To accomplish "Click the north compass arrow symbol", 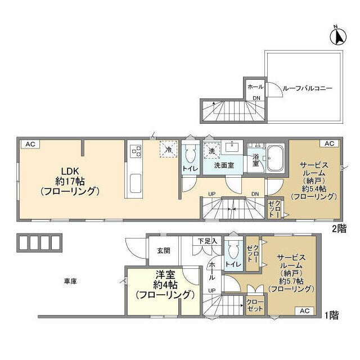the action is click(x=338, y=36).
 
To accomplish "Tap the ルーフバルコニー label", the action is click(x=307, y=88).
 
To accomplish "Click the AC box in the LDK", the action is click(x=30, y=144).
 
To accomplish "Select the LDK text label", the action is click(x=70, y=171).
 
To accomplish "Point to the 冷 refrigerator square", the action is click(x=169, y=149).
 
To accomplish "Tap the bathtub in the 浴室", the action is click(x=275, y=159).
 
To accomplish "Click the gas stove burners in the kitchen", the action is click(x=135, y=151).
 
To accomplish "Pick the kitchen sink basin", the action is click(x=136, y=184).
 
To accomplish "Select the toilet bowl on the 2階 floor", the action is click(x=190, y=154).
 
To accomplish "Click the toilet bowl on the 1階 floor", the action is click(x=233, y=250).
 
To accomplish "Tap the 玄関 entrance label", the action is click(x=164, y=251).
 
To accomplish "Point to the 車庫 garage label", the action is click(x=70, y=281).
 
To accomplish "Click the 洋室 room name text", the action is click(x=165, y=274).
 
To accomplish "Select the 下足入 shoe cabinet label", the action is click(x=208, y=241).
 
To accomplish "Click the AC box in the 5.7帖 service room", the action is click(x=304, y=310).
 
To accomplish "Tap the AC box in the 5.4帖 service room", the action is click(x=329, y=143).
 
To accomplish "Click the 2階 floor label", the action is click(x=339, y=229).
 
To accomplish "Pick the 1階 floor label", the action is click(x=331, y=315).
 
